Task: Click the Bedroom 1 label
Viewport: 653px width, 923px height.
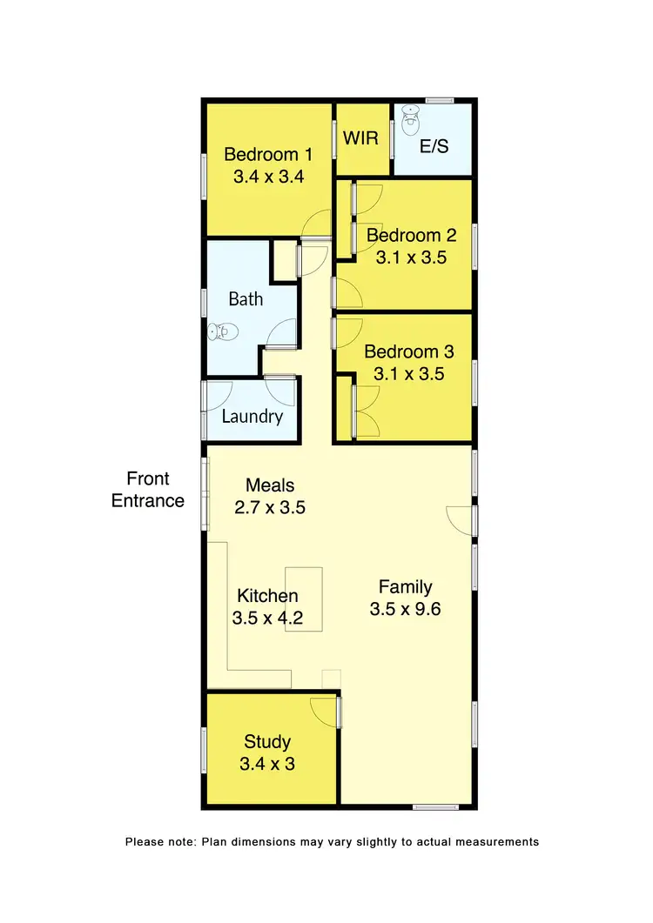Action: click(x=268, y=155)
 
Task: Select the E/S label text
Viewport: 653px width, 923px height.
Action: click(x=434, y=146)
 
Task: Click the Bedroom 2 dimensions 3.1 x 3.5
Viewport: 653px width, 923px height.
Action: click(x=410, y=258)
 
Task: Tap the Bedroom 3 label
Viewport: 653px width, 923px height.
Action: click(x=408, y=352)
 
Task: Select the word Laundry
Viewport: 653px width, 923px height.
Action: click(x=252, y=417)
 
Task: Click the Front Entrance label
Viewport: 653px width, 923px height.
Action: click(x=148, y=490)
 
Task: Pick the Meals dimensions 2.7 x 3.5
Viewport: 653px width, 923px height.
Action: click(x=270, y=507)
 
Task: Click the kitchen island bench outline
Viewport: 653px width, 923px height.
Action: click(x=304, y=599)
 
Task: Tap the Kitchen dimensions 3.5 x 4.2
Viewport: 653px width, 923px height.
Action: click(x=268, y=619)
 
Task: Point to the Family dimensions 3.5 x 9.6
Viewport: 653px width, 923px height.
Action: click(x=405, y=609)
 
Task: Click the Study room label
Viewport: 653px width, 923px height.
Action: click(x=267, y=742)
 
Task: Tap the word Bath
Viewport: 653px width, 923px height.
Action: click(x=246, y=299)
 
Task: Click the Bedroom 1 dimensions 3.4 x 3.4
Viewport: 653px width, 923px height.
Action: click(x=268, y=177)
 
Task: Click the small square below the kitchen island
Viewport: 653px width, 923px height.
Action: click(x=331, y=678)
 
